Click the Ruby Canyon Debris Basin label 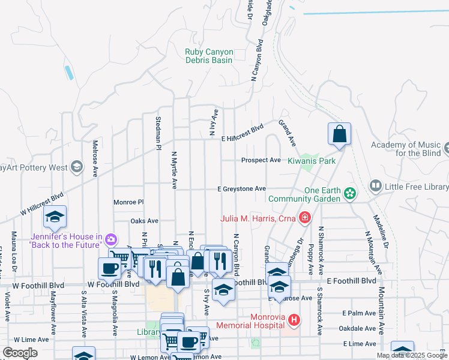point(209,56)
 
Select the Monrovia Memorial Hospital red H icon point(294,320)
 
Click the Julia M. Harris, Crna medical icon point(306,218)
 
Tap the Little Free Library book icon point(376,187)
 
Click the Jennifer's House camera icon point(110,240)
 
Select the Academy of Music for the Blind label point(409,149)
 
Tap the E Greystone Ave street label point(241,189)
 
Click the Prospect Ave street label point(261,160)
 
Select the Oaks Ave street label point(144,221)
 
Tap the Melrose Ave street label point(95,158)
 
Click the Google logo point(20,353)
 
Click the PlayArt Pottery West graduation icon point(76,167)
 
